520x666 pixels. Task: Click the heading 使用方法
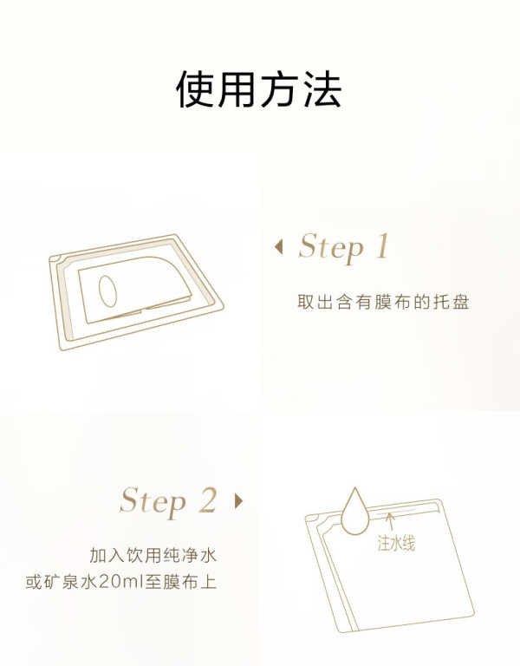click(x=258, y=89)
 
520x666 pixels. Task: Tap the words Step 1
click(x=343, y=247)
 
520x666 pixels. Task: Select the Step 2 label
click(x=168, y=501)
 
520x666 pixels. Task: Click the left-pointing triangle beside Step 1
click(x=278, y=247)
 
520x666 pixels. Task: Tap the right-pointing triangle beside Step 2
click(x=238, y=501)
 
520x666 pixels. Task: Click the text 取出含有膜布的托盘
click(x=383, y=302)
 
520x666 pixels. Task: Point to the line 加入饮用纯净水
click(x=153, y=555)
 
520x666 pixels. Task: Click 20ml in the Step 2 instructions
click(x=122, y=582)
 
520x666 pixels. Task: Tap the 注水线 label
click(x=396, y=543)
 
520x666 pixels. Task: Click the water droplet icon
click(x=355, y=512)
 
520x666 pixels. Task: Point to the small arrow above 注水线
click(x=391, y=521)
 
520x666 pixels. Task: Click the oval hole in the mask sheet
click(x=107, y=291)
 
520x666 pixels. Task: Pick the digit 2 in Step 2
click(x=208, y=499)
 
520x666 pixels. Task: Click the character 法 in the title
click(x=322, y=89)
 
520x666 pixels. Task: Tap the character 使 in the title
click(x=195, y=89)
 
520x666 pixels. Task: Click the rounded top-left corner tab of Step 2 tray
click(x=312, y=519)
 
